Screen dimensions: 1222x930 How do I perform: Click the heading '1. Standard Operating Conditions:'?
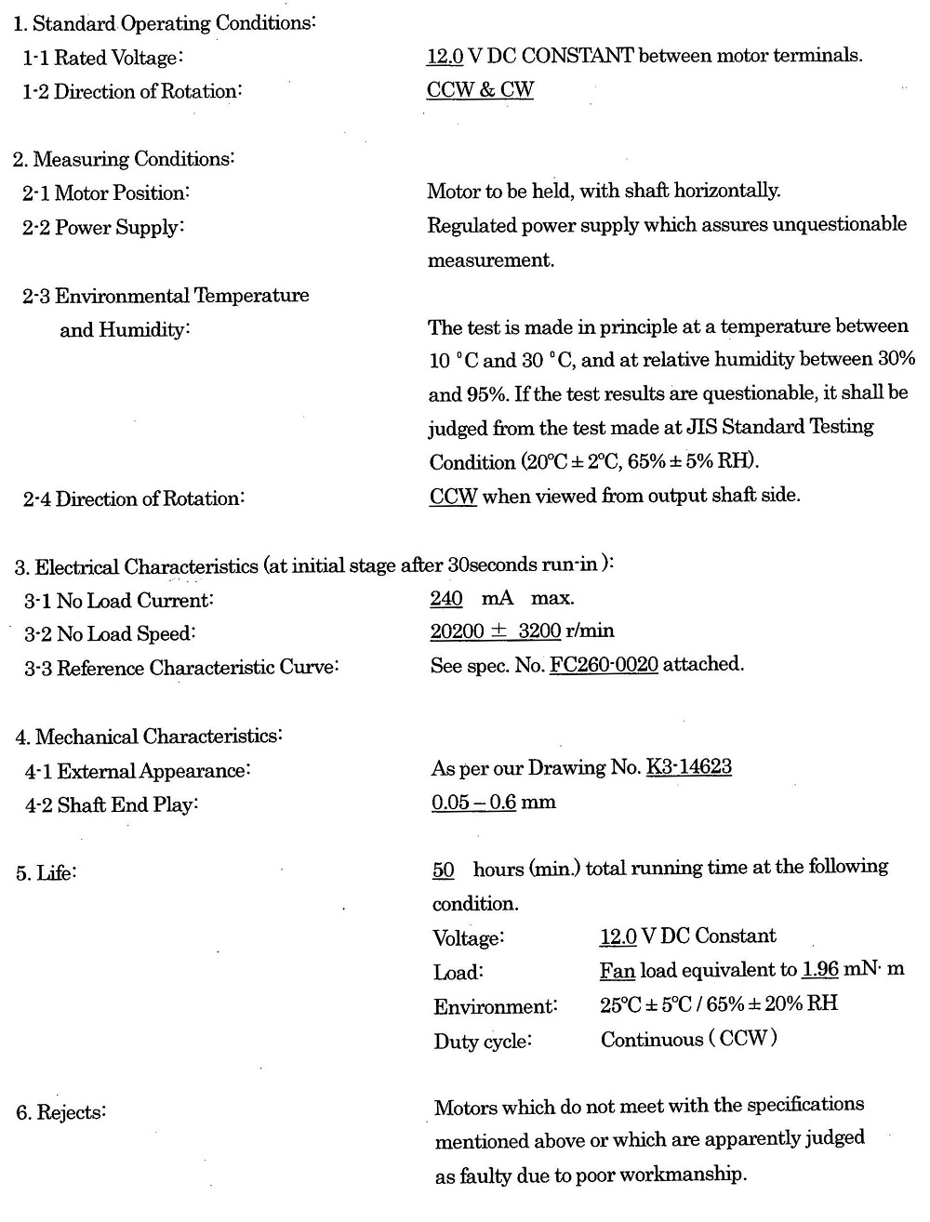click(x=164, y=23)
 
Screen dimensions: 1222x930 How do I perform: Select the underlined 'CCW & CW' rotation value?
click(x=480, y=90)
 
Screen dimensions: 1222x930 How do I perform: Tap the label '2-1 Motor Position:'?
click(x=106, y=193)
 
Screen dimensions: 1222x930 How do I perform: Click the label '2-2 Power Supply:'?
click(x=103, y=228)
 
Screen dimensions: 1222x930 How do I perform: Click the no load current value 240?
click(x=446, y=598)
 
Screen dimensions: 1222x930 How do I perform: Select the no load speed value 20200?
click(x=457, y=631)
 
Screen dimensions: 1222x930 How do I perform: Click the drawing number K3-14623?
click(x=688, y=767)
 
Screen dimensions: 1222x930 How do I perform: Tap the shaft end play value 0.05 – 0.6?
click(x=473, y=802)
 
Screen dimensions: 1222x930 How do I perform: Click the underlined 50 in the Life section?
click(x=444, y=870)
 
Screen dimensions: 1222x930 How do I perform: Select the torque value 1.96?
click(x=820, y=969)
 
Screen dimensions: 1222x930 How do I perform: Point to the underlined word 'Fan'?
click(x=618, y=971)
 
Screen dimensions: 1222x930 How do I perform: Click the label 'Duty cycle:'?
click(x=482, y=1041)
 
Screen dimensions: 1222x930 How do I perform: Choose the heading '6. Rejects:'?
click(x=60, y=1112)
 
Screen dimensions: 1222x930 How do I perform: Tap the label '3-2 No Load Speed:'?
click(x=110, y=634)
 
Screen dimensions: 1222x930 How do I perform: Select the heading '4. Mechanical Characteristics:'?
click(x=149, y=737)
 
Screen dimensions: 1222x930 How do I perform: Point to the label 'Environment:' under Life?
click(x=495, y=1006)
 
